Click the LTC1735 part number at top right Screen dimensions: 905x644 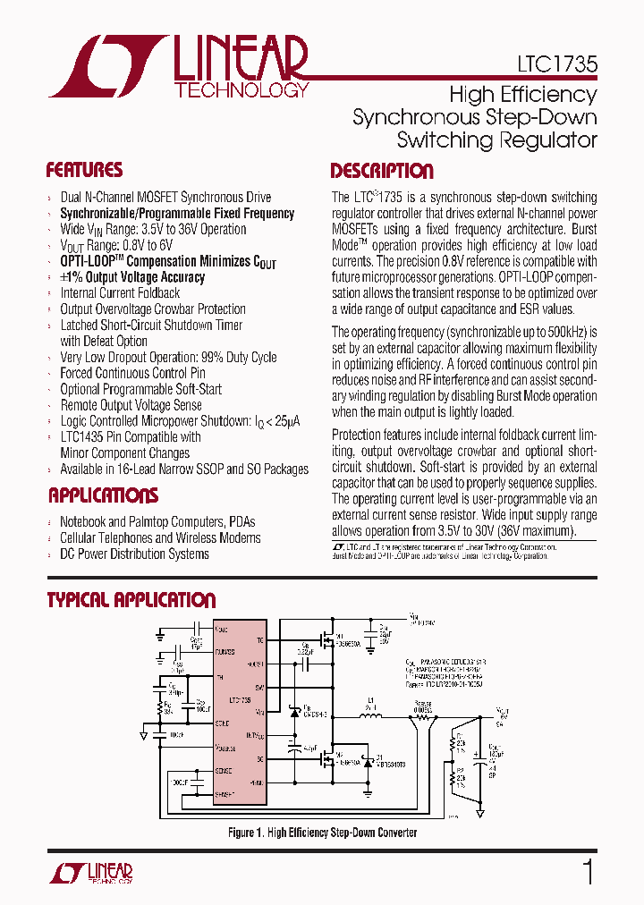coord(556,65)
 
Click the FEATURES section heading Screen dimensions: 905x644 coord(84,170)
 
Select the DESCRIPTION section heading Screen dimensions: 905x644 coord(382,171)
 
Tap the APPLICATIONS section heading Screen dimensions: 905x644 coord(103,495)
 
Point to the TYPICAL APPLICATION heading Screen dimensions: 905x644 coord(131,600)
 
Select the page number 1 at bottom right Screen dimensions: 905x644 coord(588,871)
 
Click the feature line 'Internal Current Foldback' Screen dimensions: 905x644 coord(120,293)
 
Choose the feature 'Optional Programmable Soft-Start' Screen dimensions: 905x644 coord(140,389)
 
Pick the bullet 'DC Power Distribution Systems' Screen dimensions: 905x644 coord(134,554)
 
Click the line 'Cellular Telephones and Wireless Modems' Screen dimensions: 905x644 coord(160,538)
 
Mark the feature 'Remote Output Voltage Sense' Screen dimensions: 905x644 coord(131,405)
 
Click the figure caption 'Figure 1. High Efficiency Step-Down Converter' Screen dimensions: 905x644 coord(322,833)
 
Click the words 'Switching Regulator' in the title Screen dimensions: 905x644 coord(496,140)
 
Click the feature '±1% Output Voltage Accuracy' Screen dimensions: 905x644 coord(131,277)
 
